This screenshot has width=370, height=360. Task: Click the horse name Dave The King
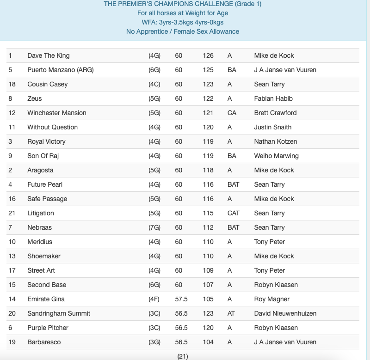(49, 55)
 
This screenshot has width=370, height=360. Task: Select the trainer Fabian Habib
(273, 98)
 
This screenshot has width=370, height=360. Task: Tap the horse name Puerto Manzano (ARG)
(55, 70)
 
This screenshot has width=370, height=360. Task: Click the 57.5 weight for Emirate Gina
(181, 299)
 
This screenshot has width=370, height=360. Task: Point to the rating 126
(208, 55)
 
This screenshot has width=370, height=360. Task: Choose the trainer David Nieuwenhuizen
(285, 313)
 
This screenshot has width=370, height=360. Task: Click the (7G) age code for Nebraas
(154, 227)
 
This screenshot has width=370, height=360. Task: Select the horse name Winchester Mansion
(57, 113)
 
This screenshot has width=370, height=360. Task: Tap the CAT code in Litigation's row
(234, 213)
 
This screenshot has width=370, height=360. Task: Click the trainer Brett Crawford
(275, 113)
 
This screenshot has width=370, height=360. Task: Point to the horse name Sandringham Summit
(59, 313)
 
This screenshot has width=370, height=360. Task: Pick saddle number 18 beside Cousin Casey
(12, 84)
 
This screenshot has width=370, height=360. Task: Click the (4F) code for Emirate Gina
(154, 299)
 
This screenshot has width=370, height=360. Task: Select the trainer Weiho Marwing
(277, 156)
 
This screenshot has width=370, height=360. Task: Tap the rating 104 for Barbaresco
(208, 342)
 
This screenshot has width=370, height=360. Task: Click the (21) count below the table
(183, 356)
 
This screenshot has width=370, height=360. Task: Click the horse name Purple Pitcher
(48, 328)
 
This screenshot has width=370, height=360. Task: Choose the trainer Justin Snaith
(273, 127)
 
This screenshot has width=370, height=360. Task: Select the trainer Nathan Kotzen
(276, 141)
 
